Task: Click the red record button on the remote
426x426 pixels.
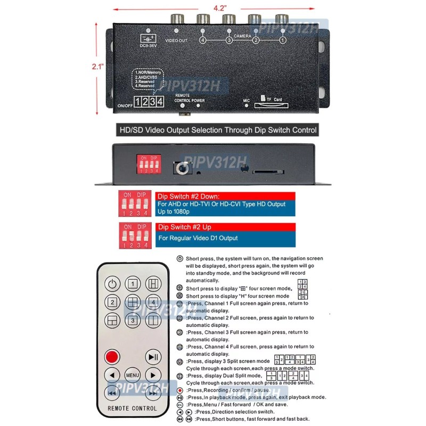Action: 112,356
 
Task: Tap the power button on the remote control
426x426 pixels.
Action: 112,284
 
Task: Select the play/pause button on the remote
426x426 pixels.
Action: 153,356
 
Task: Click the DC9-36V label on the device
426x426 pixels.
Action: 148,46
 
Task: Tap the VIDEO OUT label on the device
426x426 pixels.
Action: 176,40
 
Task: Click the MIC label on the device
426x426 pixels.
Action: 246,100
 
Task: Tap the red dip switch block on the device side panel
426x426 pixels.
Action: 148,164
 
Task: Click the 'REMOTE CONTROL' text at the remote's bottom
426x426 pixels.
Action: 132,408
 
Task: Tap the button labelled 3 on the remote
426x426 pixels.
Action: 133,321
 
